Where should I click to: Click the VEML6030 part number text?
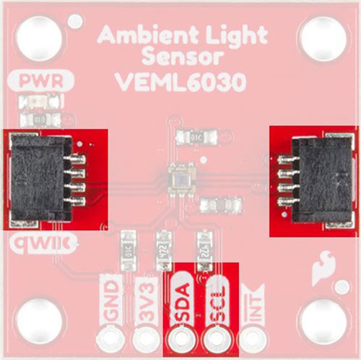coord(181,82)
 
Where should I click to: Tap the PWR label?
coord(41,82)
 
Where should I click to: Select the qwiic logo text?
coord(40,244)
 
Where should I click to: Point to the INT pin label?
coord(254,305)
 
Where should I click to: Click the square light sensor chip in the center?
coord(181,180)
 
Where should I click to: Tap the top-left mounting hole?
coord(40,38)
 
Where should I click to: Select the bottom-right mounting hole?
coord(323,322)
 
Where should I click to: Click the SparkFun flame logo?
coord(323,268)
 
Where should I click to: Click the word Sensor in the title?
coord(183,58)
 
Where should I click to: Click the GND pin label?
coord(111,301)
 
